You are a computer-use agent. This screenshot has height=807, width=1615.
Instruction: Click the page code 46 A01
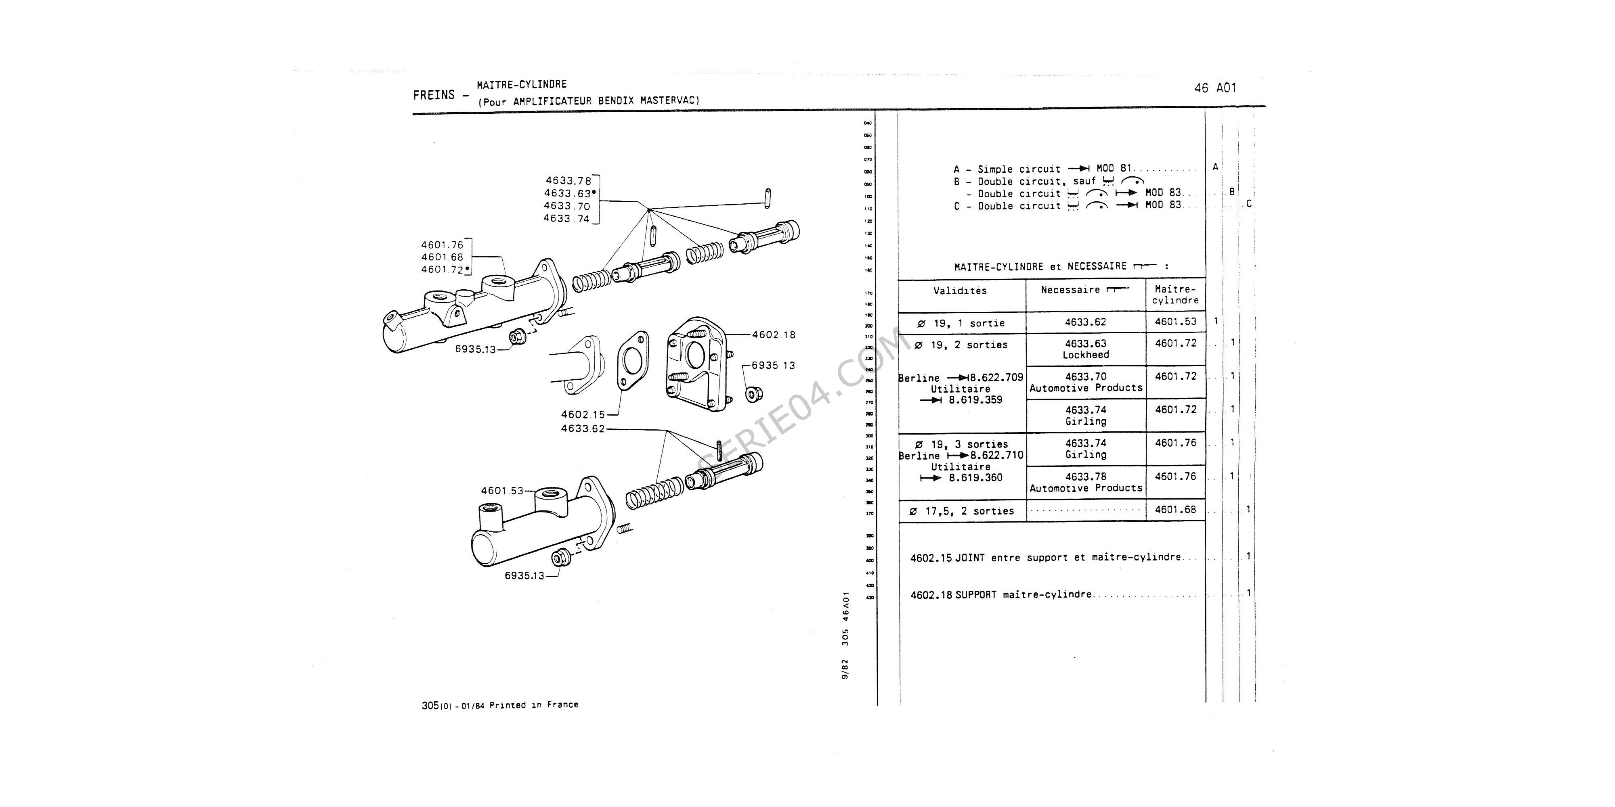pos(1215,88)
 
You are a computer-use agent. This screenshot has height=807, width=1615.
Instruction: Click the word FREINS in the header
pos(434,95)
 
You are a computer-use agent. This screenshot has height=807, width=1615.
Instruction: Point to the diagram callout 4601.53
pos(501,491)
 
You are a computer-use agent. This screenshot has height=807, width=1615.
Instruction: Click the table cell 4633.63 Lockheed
pos(1085,349)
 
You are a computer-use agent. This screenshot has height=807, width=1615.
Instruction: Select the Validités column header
pos(960,291)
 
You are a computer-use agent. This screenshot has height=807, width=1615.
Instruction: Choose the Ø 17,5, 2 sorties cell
pos(961,511)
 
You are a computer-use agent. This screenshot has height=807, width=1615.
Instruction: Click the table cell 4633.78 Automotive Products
pos(1085,482)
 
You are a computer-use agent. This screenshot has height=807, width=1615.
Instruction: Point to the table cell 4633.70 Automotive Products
pos(1085,382)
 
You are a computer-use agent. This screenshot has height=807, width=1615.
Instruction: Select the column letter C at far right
pos(1249,204)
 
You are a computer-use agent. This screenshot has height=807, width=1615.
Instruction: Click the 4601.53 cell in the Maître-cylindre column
pos(1175,322)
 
